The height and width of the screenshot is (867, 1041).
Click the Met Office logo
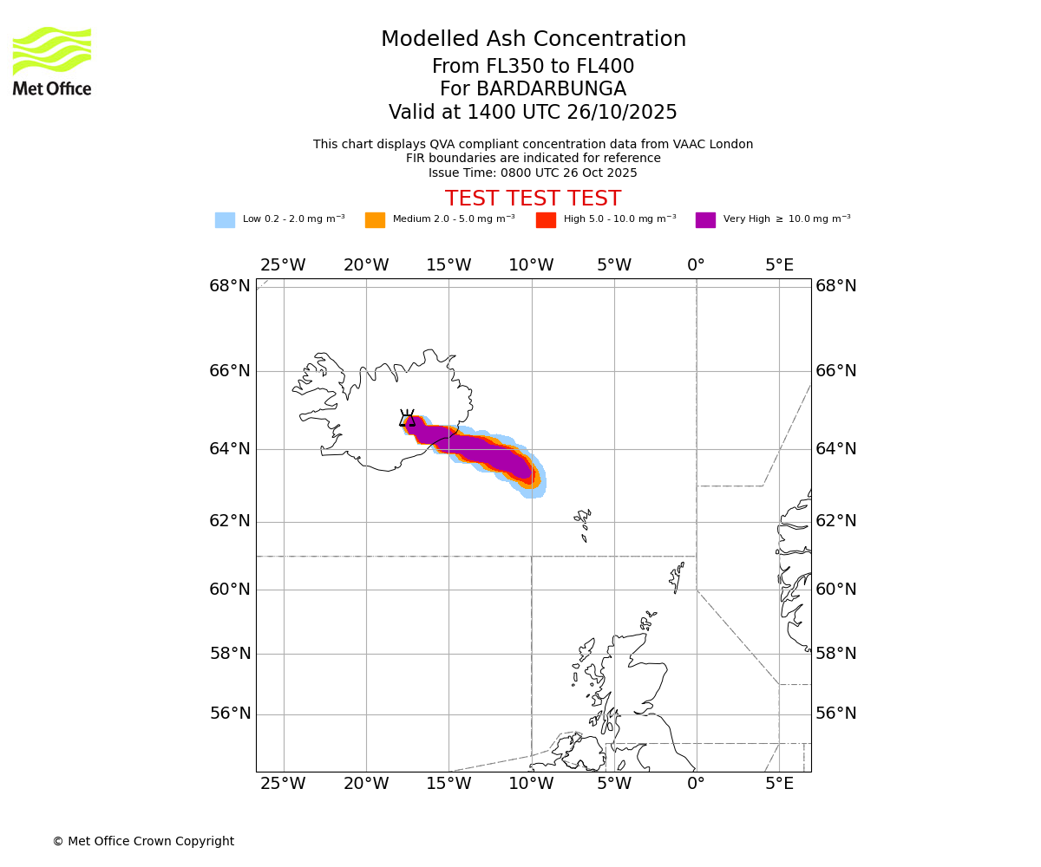coord(52,61)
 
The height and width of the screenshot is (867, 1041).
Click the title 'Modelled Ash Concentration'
coord(533,40)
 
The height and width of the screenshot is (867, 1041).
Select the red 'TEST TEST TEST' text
coord(533,199)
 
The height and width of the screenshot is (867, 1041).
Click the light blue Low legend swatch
coord(225,220)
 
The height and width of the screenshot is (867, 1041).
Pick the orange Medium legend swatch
coord(375,220)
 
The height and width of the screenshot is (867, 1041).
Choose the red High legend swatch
coord(546,220)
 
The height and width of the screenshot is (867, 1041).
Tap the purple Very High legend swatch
coord(705,220)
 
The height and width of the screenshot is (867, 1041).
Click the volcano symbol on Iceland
coord(407,418)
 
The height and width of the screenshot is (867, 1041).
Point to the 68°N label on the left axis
coord(229,286)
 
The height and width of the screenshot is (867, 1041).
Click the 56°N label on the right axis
coord(836,714)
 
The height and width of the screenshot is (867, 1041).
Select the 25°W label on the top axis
coord(283,265)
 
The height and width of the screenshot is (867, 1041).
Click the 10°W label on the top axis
coord(531,265)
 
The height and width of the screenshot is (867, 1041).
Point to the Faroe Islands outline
coord(582,523)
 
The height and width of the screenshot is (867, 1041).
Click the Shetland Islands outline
coord(677,577)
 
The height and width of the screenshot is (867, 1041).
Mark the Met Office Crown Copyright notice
coord(143,842)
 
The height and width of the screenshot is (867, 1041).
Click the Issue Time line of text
coord(533,173)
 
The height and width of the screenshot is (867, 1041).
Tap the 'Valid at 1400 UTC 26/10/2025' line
coord(533,113)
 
